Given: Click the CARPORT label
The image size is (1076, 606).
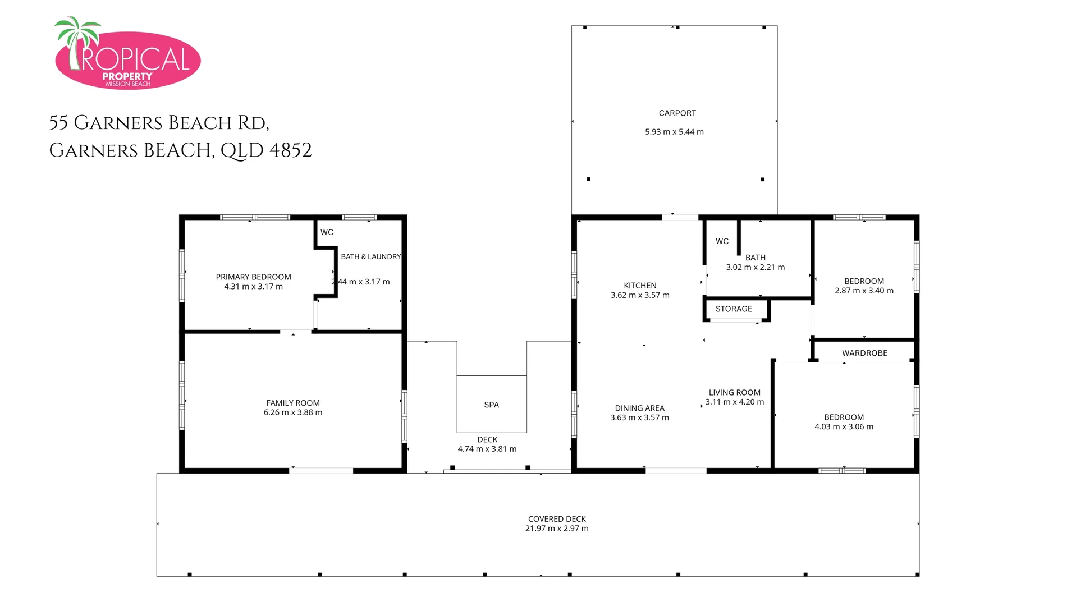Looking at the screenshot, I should point(677,113).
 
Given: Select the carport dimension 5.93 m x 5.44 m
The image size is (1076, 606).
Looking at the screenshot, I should point(674,132).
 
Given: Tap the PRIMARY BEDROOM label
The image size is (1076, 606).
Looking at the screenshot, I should point(253,277).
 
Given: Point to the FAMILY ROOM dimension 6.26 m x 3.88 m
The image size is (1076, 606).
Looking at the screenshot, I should point(292,412).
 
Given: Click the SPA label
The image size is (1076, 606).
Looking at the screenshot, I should point(491,405).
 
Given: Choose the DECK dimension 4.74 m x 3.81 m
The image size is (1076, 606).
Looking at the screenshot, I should point(487,449).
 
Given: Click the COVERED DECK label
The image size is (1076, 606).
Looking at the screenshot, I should point(557,519).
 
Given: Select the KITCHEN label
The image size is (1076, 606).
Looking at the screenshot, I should point(640,286).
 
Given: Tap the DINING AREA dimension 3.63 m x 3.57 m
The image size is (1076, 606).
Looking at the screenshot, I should point(639,417).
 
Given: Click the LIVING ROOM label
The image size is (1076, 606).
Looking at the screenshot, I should point(734,393).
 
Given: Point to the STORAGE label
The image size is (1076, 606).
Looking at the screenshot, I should point(734,309).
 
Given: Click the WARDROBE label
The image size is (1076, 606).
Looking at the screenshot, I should point(864,353).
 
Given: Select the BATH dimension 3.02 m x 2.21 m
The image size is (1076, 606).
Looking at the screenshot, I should point(755,267).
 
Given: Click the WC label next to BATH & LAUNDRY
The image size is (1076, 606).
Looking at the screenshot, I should point(327,232).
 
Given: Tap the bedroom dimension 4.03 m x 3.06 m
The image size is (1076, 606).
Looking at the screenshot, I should point(844,426).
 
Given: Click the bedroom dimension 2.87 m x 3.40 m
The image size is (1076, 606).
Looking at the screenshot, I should point(864,291).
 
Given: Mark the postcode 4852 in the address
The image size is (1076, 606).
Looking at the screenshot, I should point(290,150).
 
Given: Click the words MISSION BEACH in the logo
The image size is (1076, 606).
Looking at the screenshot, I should point(128,84).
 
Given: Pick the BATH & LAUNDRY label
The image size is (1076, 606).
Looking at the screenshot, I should point(370,256).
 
